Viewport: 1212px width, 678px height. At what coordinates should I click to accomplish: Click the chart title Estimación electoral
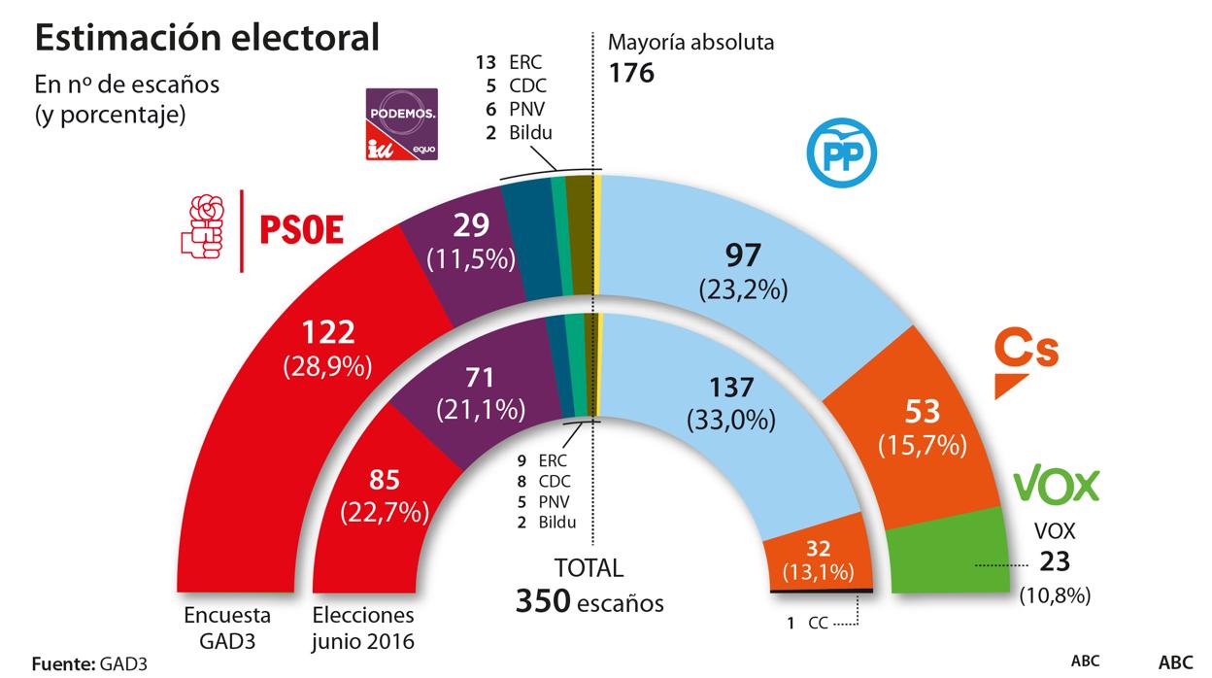point(207,39)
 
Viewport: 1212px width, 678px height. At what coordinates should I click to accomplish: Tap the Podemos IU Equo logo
point(401,123)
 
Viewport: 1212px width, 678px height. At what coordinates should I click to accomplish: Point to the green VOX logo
point(1056,485)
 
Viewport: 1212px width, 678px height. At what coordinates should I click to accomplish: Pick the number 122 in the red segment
point(329,334)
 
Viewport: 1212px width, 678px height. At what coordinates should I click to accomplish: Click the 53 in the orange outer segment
point(922,412)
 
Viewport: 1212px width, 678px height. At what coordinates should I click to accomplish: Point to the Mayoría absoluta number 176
point(631,73)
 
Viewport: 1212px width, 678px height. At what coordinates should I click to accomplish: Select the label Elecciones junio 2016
point(364,626)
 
